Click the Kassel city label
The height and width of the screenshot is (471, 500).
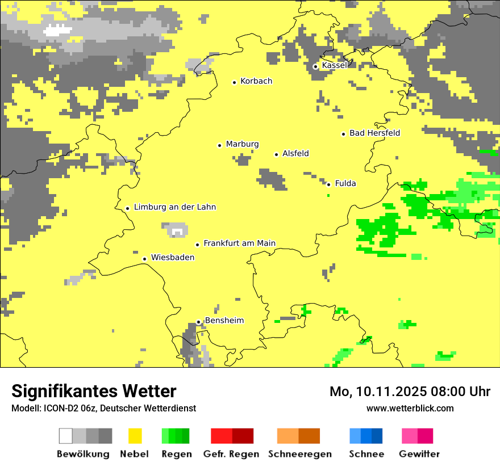[x=334, y=65]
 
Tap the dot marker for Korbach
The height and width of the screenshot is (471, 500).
[x=234, y=82]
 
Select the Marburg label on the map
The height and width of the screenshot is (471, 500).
[x=242, y=144]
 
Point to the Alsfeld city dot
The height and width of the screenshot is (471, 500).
[x=277, y=154]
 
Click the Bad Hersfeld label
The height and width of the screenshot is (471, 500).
[x=374, y=133]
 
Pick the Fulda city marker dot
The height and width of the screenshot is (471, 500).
[x=328, y=184]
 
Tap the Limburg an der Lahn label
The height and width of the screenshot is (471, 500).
[x=174, y=207]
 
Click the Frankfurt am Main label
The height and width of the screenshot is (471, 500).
[x=239, y=243]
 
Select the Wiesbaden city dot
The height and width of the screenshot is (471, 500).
[x=145, y=259]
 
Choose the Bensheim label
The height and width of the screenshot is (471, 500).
[x=224, y=321]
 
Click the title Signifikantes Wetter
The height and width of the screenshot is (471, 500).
[x=94, y=391]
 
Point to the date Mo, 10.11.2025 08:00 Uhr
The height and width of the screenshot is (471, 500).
[x=410, y=392]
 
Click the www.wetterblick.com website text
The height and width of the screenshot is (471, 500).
[x=410, y=408]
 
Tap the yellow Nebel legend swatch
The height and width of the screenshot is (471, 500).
[x=135, y=436]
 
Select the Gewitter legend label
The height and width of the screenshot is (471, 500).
[x=419, y=454]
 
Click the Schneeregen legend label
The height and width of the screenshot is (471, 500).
[x=299, y=454]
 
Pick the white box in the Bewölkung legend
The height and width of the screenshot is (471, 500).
[x=66, y=436]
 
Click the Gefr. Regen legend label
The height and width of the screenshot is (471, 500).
[x=231, y=454]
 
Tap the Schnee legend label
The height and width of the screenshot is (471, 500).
[x=366, y=454]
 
